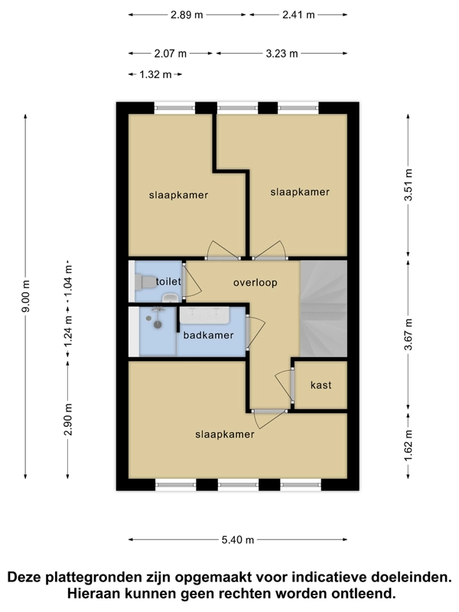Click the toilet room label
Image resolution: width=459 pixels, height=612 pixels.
168,282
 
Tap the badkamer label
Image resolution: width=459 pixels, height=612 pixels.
208,335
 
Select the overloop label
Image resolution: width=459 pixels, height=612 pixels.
256,282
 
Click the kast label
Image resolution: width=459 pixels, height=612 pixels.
321,386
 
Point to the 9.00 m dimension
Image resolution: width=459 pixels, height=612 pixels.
26,297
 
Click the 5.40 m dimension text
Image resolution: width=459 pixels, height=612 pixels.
238,540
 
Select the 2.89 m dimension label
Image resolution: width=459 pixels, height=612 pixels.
187,15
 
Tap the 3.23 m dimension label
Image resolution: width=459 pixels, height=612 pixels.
282,54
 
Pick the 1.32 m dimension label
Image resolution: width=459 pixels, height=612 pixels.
155,74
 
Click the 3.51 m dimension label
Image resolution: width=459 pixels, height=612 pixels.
409,185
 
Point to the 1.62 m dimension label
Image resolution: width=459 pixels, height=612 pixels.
409,445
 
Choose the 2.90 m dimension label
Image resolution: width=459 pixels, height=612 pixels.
68,419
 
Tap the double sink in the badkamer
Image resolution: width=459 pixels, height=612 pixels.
203,315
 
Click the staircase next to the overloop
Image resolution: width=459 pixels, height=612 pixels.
324,308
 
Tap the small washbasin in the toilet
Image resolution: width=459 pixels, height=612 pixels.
170,298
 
